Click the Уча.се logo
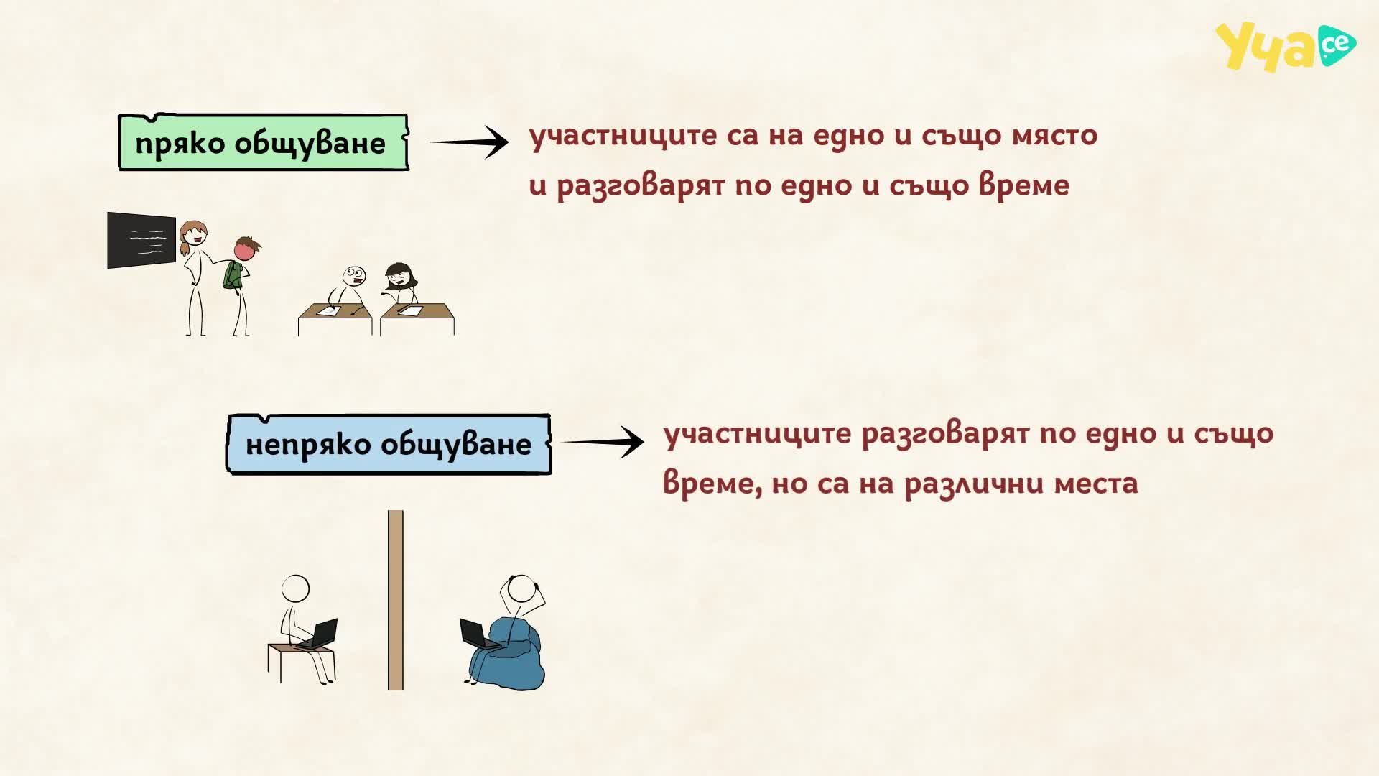tap(1285, 47)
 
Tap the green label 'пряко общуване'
tap(263, 142)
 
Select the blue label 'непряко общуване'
tap(389, 444)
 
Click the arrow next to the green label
tap(468, 142)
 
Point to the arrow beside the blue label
tap(602, 442)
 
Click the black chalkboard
tap(141, 240)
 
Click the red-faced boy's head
tap(248, 249)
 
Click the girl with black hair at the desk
tap(399, 284)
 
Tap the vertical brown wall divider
tap(396, 600)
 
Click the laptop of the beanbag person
tap(478, 634)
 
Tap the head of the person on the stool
tap(295, 588)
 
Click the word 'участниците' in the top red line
tap(623, 136)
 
